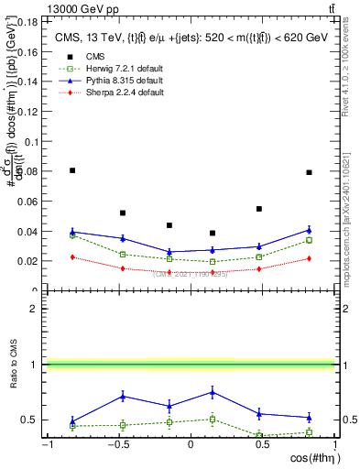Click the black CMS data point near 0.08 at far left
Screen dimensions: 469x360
72,170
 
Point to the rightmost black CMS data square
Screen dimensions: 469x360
310,172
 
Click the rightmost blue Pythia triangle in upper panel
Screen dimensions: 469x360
310,230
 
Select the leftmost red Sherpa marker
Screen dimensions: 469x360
72,257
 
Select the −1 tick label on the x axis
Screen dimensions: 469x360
46,445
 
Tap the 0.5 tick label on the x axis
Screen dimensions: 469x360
261,445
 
